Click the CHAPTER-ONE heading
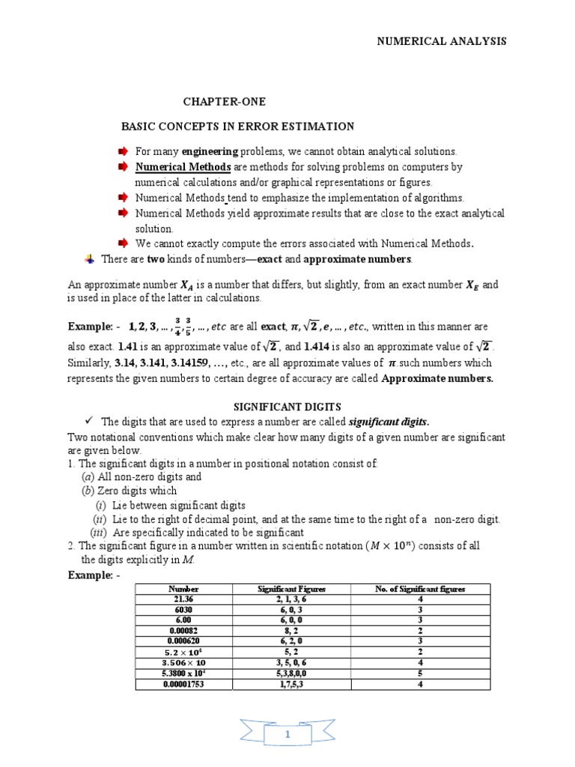pyautogui.click(x=225, y=101)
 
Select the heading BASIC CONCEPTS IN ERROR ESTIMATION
pyautogui.click(x=238, y=126)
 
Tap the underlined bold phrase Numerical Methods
pyautogui.click(x=183, y=166)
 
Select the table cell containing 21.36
pyautogui.click(x=183, y=600)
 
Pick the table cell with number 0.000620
pyautogui.click(x=183, y=641)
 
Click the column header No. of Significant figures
pyautogui.click(x=420, y=589)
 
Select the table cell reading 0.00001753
pyautogui.click(x=183, y=684)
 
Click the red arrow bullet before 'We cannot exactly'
pyautogui.click(x=124, y=243)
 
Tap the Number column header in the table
pyautogui.click(x=183, y=589)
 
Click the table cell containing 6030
pyautogui.click(x=183, y=610)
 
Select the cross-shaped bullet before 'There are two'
pyautogui.click(x=90, y=258)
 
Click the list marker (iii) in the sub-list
pyautogui.click(x=99, y=533)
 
